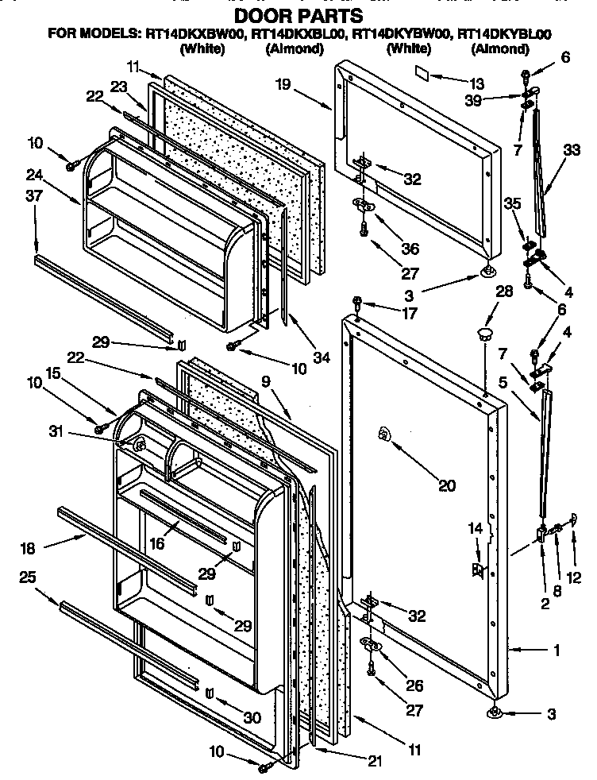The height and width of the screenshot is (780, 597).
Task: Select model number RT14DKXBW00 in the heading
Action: (195, 34)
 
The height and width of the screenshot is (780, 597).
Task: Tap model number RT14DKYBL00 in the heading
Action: (505, 34)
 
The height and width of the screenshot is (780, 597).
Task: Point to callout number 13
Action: (476, 82)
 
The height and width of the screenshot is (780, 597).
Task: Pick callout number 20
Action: (447, 485)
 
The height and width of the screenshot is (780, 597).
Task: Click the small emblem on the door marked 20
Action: (384, 433)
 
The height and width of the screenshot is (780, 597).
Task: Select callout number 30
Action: (252, 717)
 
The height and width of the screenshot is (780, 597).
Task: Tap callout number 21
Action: (375, 760)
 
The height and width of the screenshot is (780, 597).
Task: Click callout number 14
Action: (475, 527)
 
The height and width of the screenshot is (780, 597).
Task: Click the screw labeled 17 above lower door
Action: (358, 302)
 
